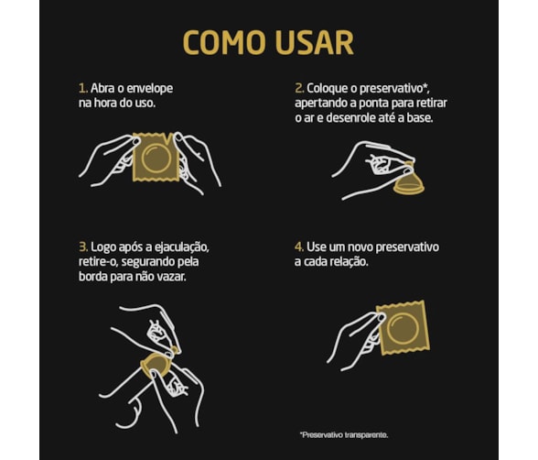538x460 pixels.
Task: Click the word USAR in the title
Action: point(314,42)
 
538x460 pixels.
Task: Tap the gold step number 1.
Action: point(82,88)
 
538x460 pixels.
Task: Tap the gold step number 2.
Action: point(299,88)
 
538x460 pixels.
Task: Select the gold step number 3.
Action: point(83,247)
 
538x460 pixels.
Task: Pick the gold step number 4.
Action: point(299,247)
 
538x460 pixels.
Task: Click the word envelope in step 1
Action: point(150,89)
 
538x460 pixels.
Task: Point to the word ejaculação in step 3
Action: point(182,248)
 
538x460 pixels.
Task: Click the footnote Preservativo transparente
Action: point(344,435)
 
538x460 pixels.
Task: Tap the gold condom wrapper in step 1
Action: point(156,158)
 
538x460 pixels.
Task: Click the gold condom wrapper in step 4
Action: point(403,327)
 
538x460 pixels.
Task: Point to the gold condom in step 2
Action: point(409,181)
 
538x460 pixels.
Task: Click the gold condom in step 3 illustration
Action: point(156,364)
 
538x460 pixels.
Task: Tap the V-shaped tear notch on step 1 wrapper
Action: point(168,139)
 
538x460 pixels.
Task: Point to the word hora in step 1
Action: point(104,103)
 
